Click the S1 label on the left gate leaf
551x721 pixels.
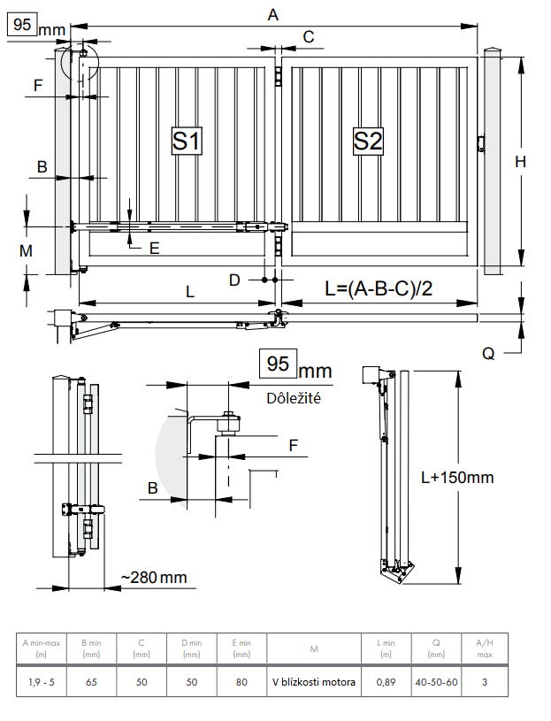tap(187, 141)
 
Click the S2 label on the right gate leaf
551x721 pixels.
tap(368, 141)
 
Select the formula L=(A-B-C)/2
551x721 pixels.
tap(379, 288)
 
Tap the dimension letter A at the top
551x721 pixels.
tap(273, 15)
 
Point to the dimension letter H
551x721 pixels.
tap(520, 162)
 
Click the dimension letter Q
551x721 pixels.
tap(488, 354)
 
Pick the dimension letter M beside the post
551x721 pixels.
tap(26, 251)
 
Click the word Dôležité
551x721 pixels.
tap(294, 398)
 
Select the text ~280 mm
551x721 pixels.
tap(154, 577)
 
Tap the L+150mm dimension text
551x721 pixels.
tap(457, 478)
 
